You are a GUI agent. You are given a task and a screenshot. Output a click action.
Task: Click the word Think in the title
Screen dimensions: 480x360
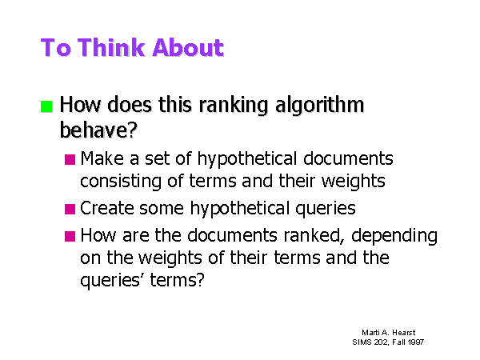[x=112, y=47]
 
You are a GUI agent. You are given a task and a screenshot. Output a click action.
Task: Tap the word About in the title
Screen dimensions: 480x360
[x=188, y=47]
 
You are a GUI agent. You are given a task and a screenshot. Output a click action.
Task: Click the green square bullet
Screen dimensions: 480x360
[x=46, y=106]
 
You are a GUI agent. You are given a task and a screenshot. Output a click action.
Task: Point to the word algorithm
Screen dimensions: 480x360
[x=319, y=106]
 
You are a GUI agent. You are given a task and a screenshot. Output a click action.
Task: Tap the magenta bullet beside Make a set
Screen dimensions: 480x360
[x=70, y=159]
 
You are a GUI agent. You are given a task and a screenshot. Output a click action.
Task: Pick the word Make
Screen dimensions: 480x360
[x=102, y=158]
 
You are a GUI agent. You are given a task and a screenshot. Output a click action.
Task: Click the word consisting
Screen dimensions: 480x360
[x=121, y=182]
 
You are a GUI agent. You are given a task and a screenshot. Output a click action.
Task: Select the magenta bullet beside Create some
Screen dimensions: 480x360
[x=70, y=209]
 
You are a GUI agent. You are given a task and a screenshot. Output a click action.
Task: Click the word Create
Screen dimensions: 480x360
[x=107, y=208]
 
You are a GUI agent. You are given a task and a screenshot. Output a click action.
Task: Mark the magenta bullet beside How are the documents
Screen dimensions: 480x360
[x=70, y=236]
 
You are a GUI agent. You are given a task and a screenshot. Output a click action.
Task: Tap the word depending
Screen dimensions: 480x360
[x=394, y=236]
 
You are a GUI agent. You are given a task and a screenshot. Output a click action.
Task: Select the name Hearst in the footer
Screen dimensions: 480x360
[x=404, y=333]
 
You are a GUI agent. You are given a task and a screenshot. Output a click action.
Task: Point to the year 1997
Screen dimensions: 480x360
[x=416, y=342]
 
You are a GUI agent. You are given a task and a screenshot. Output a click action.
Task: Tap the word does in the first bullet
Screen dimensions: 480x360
[x=129, y=104]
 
